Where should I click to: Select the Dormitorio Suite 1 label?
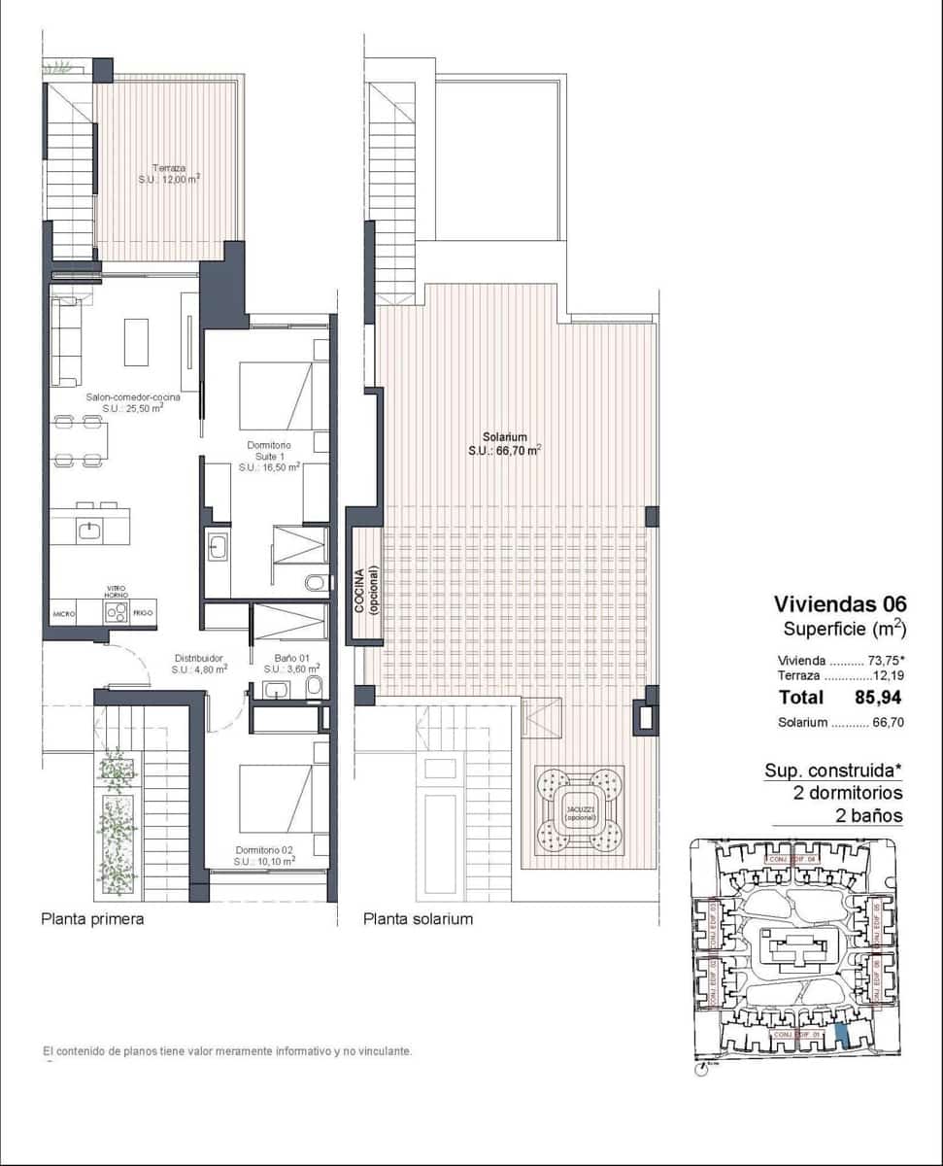click(x=268, y=456)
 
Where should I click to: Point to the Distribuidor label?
click(x=199, y=663)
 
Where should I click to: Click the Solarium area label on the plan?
click(x=504, y=443)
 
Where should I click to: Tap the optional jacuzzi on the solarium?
click(x=579, y=808)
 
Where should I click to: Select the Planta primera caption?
click(x=92, y=918)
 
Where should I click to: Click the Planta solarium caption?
click(x=418, y=918)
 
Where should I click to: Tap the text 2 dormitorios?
click(x=848, y=793)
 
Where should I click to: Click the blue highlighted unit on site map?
click(x=841, y=1034)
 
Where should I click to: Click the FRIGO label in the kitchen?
click(x=143, y=614)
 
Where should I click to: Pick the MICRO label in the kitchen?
click(x=65, y=614)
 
